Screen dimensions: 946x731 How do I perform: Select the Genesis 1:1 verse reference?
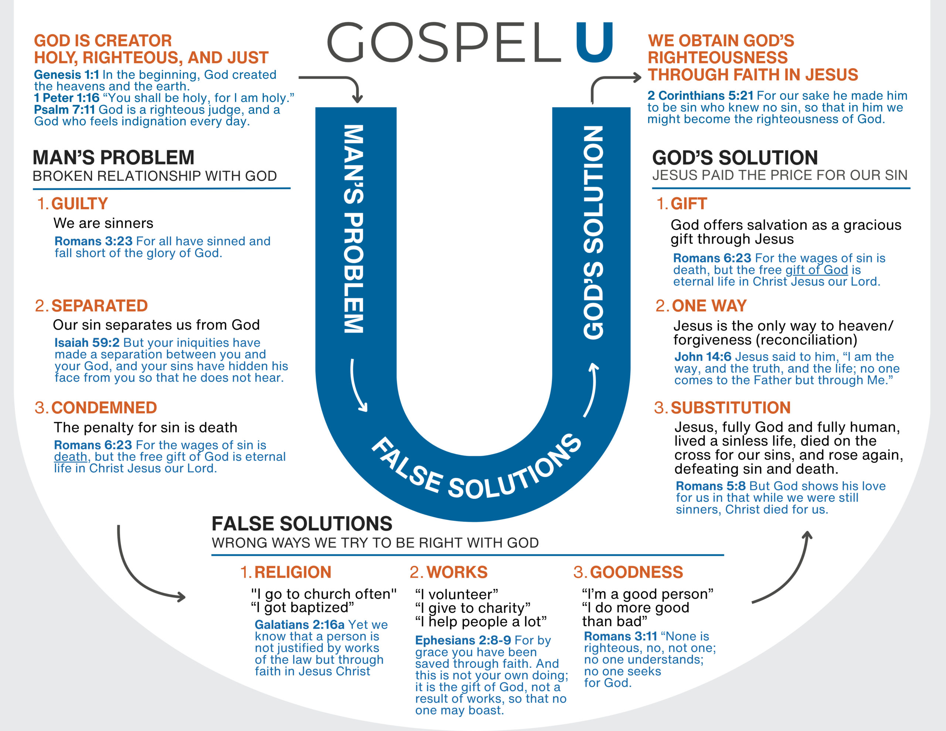point(66,75)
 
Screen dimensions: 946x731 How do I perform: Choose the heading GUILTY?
point(79,204)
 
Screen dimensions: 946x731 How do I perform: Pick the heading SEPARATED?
point(100,306)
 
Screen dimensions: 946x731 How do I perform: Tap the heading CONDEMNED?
point(104,408)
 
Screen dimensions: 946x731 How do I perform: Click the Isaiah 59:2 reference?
point(86,342)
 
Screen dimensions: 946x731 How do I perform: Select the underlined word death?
point(71,457)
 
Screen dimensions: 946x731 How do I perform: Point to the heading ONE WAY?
point(709,306)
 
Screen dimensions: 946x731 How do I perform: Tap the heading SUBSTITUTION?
point(731,408)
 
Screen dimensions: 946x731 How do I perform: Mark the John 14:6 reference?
point(702,357)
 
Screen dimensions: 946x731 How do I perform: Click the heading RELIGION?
point(292,572)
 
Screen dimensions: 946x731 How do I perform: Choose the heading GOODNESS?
point(636,572)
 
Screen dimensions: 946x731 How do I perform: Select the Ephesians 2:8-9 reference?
point(463,640)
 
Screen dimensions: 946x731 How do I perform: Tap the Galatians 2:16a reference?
point(299,625)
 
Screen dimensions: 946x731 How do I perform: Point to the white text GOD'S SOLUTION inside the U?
point(593,233)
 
